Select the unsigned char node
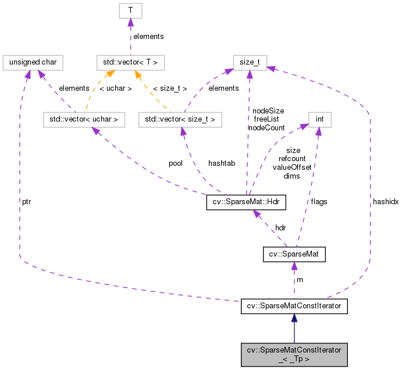(33, 61)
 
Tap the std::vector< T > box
(131, 61)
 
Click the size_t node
(250, 61)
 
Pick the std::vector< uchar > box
(84, 120)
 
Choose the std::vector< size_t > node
(181, 120)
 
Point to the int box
(319, 120)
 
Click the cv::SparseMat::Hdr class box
(248, 203)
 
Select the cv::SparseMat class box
(294, 254)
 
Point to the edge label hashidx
(385, 201)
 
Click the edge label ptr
(27, 201)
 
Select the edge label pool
(176, 163)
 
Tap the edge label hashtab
(222, 163)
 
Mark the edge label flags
(319, 201)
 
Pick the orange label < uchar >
(116, 88)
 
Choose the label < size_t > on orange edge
(169, 88)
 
